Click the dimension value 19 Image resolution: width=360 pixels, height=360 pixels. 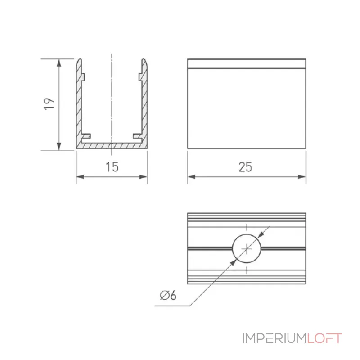click(x=49, y=104)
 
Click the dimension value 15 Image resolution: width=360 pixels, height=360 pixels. click(x=112, y=167)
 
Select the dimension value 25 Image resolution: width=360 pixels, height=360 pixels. click(x=245, y=167)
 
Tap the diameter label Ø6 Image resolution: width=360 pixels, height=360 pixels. click(x=168, y=295)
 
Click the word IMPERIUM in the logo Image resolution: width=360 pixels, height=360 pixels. click(x=274, y=338)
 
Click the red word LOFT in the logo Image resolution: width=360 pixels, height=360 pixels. click(x=324, y=338)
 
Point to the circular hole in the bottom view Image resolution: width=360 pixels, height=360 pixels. click(x=247, y=249)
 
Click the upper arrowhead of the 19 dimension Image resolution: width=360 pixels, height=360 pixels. click(x=59, y=63)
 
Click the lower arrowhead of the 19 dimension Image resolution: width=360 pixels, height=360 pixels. click(x=59, y=146)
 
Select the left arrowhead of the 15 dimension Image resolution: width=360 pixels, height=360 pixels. click(x=80, y=177)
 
